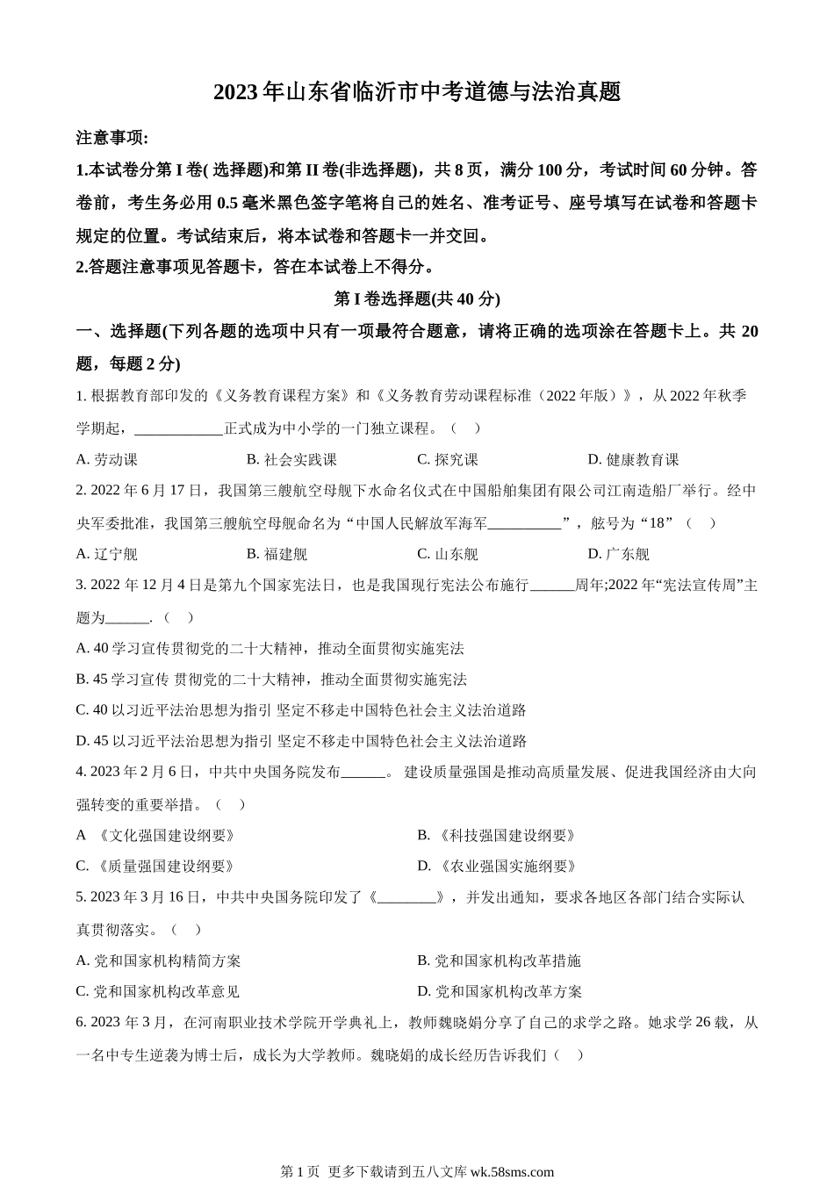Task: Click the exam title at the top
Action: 417,92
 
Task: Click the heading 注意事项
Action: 112,138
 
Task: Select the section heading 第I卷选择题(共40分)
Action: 417,299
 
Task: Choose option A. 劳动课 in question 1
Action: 107,459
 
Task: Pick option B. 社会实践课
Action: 291,459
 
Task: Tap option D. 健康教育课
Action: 633,459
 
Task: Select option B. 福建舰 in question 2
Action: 277,554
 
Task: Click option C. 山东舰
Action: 448,554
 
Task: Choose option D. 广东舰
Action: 619,554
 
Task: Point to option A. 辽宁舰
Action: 107,554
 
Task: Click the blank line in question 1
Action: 179,429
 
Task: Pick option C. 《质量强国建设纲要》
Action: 155,866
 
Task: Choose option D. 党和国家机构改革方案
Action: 500,991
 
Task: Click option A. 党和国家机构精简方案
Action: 159,961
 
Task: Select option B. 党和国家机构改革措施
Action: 500,961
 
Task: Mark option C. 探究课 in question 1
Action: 448,459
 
